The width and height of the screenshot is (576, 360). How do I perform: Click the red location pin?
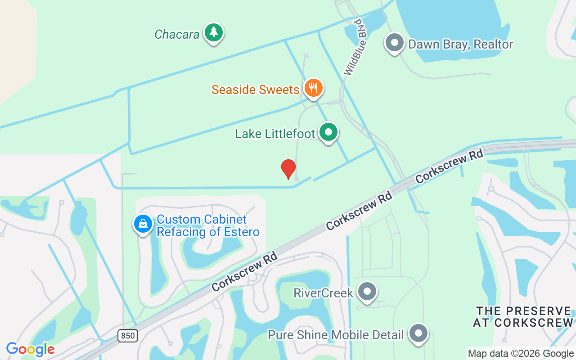[x=288, y=169]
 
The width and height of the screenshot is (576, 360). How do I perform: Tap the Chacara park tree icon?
[x=214, y=33]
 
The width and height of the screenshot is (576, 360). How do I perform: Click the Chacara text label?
[x=177, y=34]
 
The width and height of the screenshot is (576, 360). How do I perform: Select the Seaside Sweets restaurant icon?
[x=314, y=88]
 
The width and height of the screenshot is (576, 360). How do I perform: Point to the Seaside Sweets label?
[x=255, y=90]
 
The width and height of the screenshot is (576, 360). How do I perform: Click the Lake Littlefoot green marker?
[x=328, y=132]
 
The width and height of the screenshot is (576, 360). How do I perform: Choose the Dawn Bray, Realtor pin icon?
[x=395, y=43]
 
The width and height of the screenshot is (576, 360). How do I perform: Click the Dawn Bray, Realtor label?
[x=460, y=44]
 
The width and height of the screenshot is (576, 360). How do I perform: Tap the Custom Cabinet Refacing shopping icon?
[x=143, y=223]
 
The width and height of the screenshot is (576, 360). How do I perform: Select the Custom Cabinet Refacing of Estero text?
[x=208, y=226]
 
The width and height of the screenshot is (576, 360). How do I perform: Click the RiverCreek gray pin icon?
[x=368, y=292]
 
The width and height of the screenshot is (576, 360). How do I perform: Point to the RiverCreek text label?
[x=323, y=293]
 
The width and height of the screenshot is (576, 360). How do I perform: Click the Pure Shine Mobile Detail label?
[x=336, y=335]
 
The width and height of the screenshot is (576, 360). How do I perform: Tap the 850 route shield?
[x=128, y=335]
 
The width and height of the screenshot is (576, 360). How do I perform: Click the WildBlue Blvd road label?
[x=356, y=47]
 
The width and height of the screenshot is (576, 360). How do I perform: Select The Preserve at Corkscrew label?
[x=523, y=317]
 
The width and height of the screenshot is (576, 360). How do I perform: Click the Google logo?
[x=30, y=349]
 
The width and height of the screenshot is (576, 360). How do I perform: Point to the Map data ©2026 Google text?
[x=520, y=354]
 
